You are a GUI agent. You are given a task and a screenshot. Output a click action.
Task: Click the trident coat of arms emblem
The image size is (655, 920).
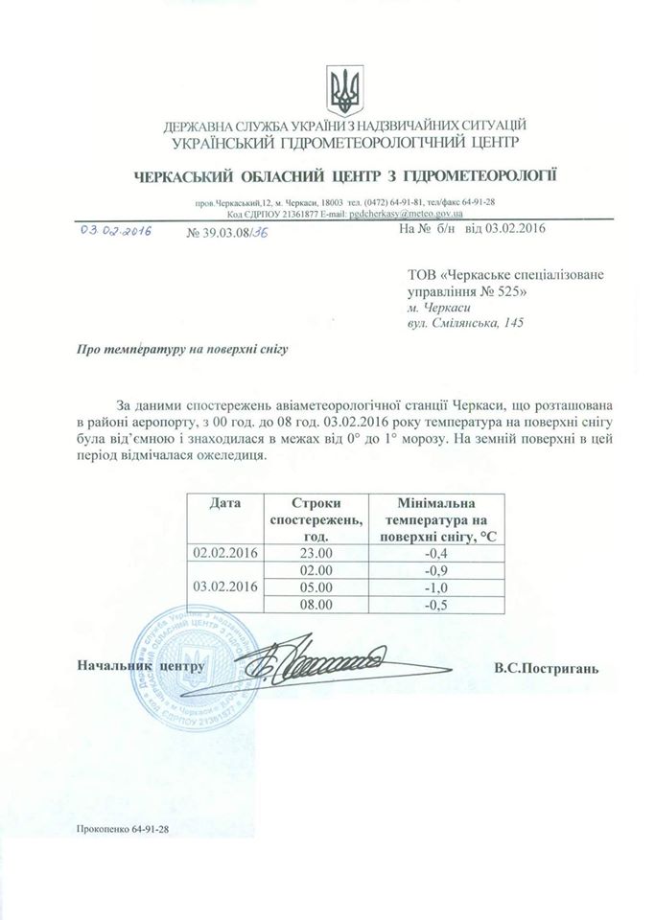tap(343, 89)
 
